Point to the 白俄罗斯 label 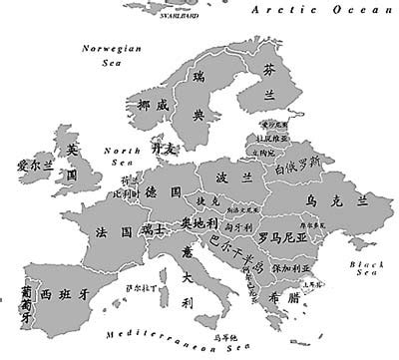coord(299,161)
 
